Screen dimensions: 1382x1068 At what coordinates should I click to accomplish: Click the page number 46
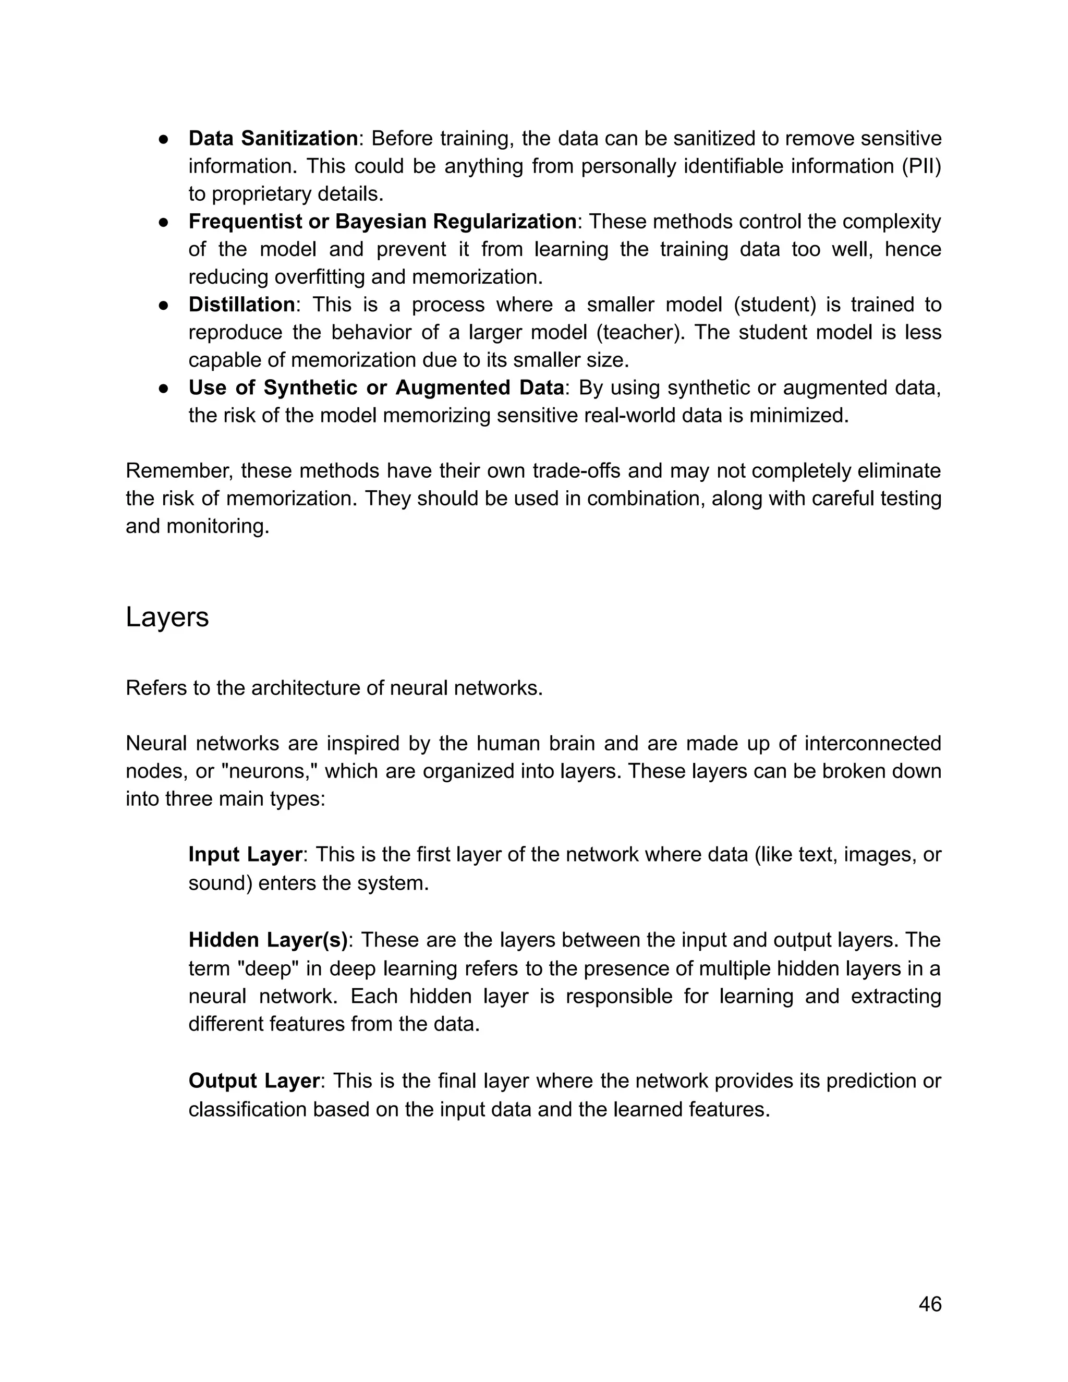tap(929, 1304)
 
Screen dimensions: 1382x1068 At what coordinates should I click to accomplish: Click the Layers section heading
tap(167, 616)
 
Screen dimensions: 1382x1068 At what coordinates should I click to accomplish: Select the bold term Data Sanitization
tap(273, 138)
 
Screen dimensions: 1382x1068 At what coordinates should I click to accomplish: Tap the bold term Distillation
tap(241, 305)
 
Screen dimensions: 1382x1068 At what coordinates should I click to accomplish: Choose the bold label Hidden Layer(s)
tap(268, 940)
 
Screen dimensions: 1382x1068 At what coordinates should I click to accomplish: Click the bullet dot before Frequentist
tap(163, 222)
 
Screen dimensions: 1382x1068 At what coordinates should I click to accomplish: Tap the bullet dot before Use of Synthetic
tap(163, 388)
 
